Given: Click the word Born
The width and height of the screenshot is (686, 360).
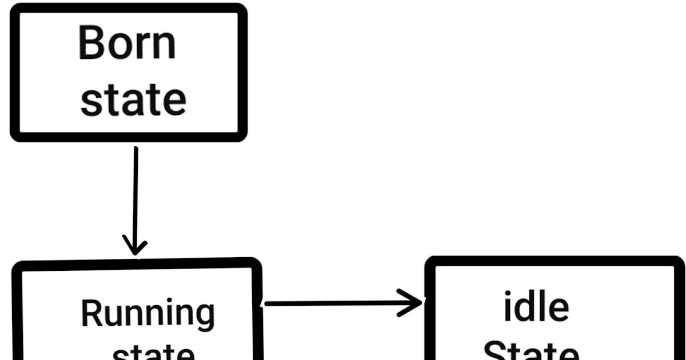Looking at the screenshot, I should pos(127,43).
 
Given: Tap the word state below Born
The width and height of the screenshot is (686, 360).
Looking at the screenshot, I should pos(133,100).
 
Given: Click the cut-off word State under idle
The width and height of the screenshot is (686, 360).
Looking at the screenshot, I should pos(532,351).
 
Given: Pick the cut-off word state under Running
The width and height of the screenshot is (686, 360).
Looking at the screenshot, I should pos(153,353).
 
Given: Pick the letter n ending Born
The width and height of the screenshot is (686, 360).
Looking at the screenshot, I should pos(166,47).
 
